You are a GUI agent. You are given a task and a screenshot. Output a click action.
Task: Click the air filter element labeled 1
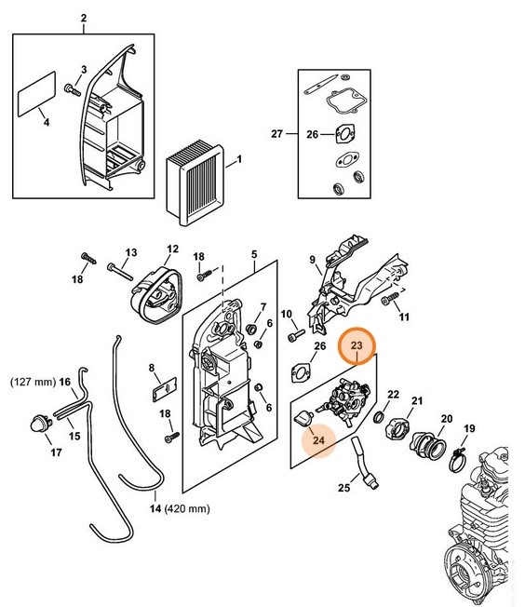[x=195, y=185]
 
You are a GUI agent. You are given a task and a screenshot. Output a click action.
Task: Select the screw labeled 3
[x=72, y=89]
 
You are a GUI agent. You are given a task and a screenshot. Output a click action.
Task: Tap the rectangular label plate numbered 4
[x=37, y=94]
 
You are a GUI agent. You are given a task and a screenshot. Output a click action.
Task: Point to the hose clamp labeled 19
[x=458, y=459]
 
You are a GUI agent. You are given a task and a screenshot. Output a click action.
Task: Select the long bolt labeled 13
[x=120, y=271]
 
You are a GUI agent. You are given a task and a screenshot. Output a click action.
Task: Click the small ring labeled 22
[x=379, y=417]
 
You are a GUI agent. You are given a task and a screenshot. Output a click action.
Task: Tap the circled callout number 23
[x=357, y=344]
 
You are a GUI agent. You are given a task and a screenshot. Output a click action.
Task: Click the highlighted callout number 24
[x=318, y=440]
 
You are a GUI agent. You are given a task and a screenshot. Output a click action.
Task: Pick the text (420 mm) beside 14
[x=187, y=508]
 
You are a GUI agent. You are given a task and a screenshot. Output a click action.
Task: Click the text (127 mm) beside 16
[x=33, y=382]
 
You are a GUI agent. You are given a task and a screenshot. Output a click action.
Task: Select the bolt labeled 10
[x=297, y=335]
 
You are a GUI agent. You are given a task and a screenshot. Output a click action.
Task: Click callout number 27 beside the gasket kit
[x=276, y=134]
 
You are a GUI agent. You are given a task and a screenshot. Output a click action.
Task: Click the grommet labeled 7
[x=252, y=330]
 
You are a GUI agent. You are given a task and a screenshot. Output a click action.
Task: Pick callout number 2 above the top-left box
[x=84, y=18]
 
